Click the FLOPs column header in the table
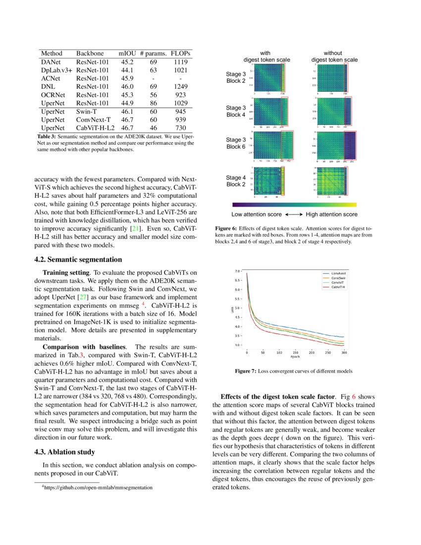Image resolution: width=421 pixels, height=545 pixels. [181, 53]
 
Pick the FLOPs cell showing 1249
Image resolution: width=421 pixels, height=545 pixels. [181, 86]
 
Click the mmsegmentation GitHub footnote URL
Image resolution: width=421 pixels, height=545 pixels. [97, 488]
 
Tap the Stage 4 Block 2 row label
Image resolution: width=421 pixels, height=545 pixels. [236, 181]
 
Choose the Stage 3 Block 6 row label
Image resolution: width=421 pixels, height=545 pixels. [236, 143]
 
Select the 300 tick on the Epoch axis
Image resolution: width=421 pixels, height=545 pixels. [344, 353]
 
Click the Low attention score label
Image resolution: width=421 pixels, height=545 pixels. [257, 215]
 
